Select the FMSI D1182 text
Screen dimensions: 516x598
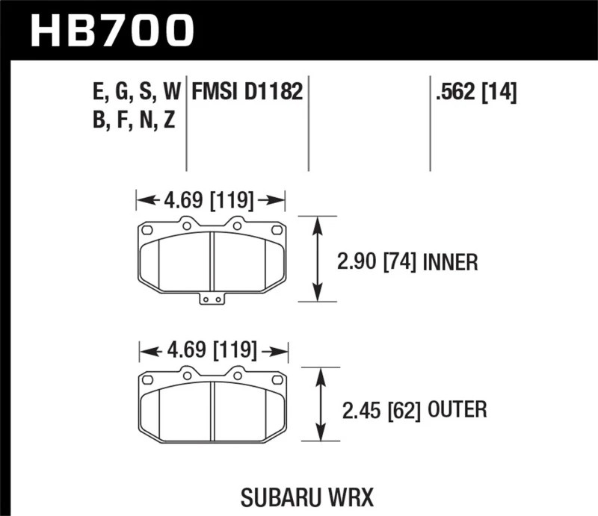[x=247, y=93]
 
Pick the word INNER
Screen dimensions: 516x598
[x=450, y=262]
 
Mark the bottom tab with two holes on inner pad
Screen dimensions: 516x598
[x=212, y=299]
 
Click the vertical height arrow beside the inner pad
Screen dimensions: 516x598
[x=319, y=259]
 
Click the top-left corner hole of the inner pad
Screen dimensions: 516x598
[x=147, y=229]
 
